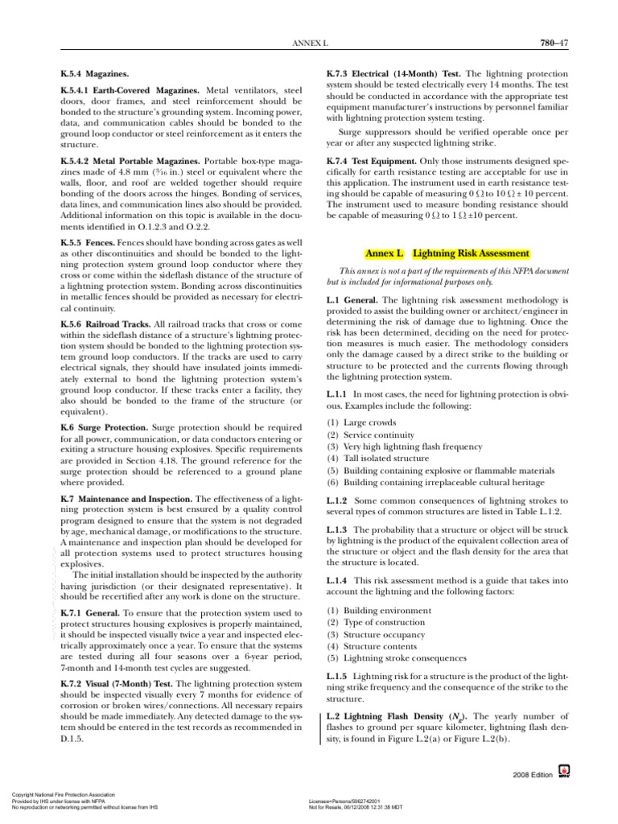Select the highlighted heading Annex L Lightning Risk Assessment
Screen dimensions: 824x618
pyautogui.click(x=447, y=253)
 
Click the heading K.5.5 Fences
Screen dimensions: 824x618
pyautogui.click(x=88, y=242)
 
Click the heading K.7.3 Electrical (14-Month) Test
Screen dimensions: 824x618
pyautogui.click(x=393, y=73)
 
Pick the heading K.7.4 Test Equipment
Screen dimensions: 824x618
pyautogui.click(x=369, y=161)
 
